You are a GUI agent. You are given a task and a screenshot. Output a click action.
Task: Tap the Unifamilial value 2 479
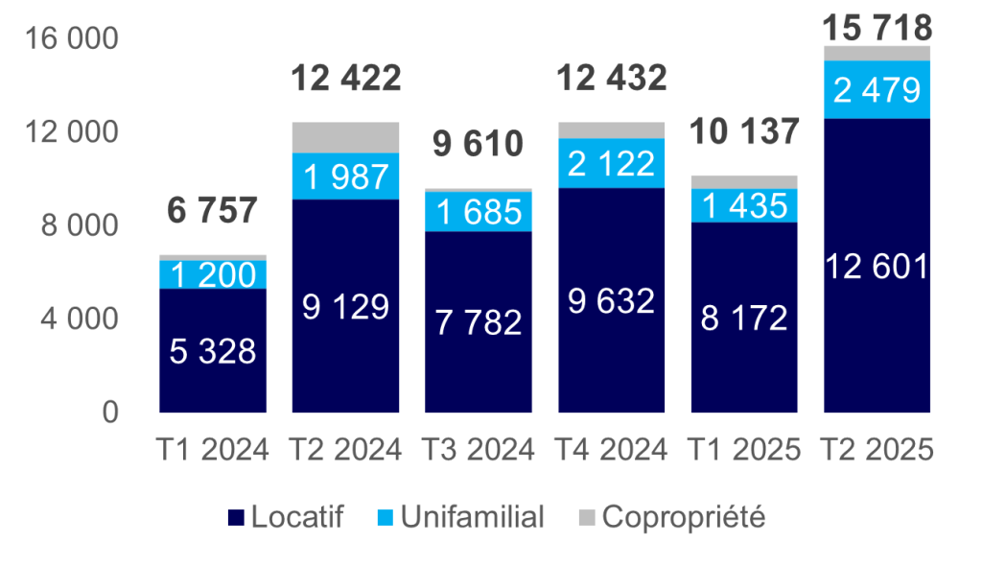point(877,90)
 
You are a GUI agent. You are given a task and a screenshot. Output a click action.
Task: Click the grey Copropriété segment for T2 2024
point(345,137)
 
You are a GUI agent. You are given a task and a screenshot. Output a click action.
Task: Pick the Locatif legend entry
point(287,518)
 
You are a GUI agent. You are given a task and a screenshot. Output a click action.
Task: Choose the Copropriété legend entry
point(672,518)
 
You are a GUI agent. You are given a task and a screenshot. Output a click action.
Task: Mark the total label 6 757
point(213,211)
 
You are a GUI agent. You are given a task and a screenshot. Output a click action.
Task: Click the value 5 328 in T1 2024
point(213,351)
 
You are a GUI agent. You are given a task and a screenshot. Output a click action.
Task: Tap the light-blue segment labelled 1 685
point(479,211)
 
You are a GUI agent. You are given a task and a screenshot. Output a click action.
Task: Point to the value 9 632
point(611,301)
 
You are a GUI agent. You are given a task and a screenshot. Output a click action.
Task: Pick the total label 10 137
point(744,130)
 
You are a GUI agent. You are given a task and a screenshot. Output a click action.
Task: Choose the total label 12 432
point(611,78)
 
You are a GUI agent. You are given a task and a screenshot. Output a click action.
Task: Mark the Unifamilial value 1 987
point(345,177)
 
